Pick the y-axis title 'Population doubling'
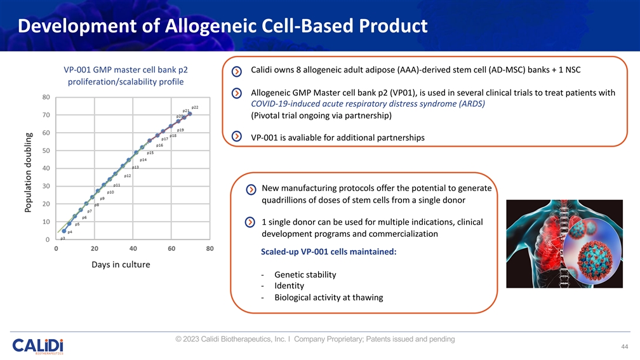pos(29,172)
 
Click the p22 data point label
pos(195,107)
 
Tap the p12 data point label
pos(128,176)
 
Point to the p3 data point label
pos(62,239)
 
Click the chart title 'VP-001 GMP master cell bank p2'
pos(124,69)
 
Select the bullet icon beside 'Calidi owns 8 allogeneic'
pos(237,70)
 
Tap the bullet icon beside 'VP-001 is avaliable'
pos(237,137)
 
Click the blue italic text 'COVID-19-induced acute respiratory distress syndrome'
pos(368,104)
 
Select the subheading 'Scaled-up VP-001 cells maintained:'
pos(328,252)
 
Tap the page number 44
pos(624,347)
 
